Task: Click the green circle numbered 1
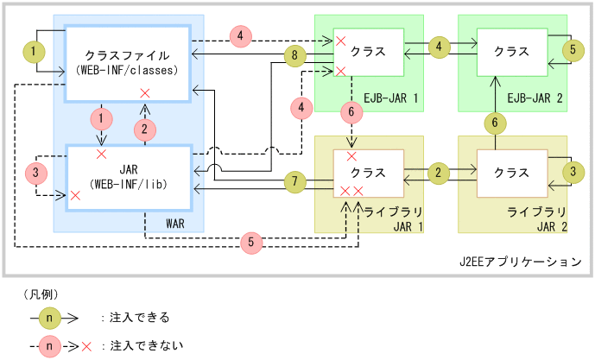[33, 53]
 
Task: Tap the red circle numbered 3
[36, 174]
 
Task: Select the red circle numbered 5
[251, 243]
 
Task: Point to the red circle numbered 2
[144, 129]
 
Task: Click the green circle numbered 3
[570, 173]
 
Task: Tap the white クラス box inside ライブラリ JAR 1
[370, 173]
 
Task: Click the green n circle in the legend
[52, 317]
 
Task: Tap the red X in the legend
[87, 345]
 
